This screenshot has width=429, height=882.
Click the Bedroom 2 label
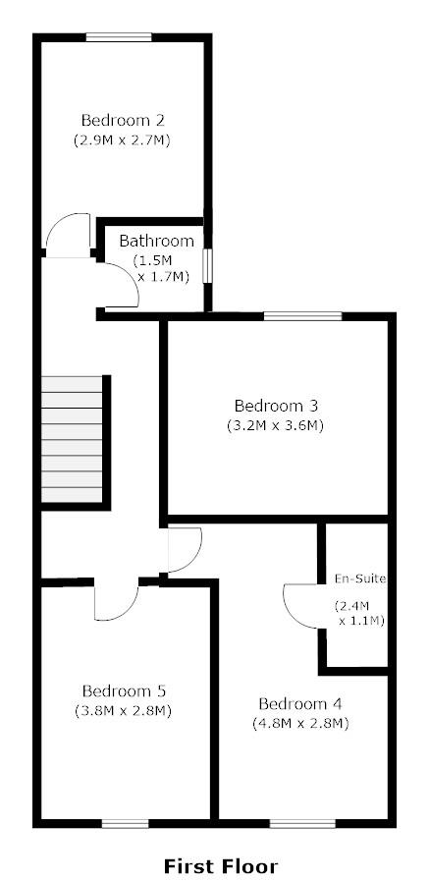pos(123,121)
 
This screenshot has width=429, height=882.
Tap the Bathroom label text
pos(156,241)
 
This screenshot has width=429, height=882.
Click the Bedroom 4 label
pos(299,703)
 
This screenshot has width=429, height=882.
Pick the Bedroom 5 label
pos(123,689)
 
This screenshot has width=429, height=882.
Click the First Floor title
pos(220,865)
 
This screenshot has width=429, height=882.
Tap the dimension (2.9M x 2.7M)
pos(123,140)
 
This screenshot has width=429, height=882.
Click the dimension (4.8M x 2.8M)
pos(299,724)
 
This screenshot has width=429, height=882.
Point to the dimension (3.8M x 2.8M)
pos(123,710)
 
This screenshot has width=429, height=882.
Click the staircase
pos(73,440)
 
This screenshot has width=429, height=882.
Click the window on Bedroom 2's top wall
pos(119,37)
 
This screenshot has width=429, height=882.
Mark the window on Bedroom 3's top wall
pos(302,316)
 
